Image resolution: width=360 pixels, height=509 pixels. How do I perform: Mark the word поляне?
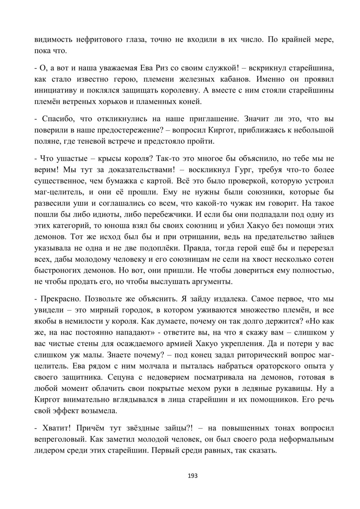tap(47, 141)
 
